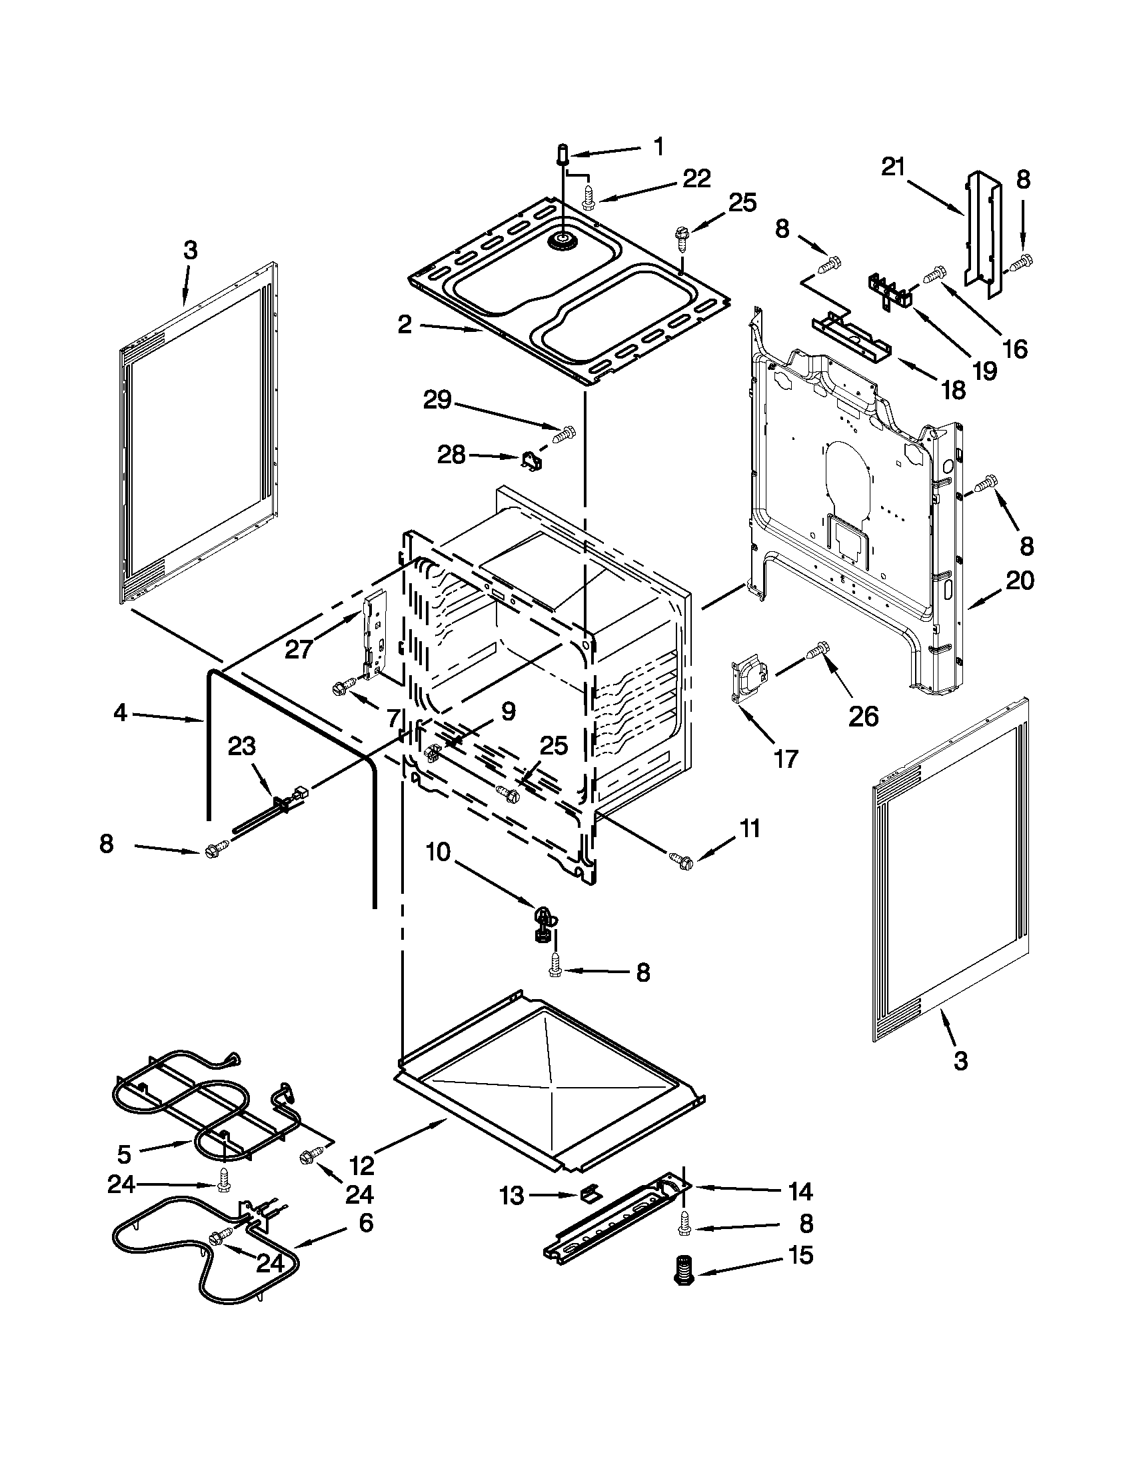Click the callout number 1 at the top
pyautogui.click(x=659, y=146)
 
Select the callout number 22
pyautogui.click(x=696, y=179)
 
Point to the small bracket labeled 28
pyautogui.click(x=533, y=462)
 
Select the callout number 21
pyautogui.click(x=893, y=167)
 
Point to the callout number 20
pyautogui.click(x=1020, y=580)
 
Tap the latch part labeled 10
pyautogui.click(x=544, y=921)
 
